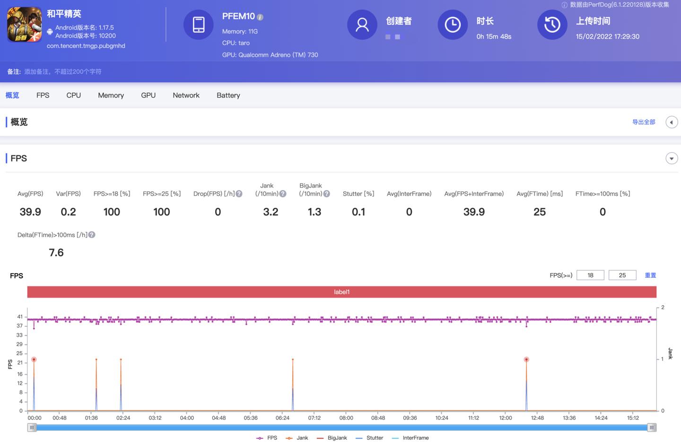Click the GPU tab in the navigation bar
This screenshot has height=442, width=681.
(148, 95)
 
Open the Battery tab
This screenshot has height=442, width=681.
(228, 95)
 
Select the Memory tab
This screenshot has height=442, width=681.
(111, 95)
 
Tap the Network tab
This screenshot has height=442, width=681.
(186, 95)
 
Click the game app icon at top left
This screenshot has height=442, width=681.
(24, 25)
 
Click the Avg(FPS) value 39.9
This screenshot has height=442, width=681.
(30, 212)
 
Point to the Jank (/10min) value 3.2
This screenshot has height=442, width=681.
(271, 212)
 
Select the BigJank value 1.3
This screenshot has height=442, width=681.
(314, 212)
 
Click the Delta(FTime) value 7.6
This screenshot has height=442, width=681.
(56, 253)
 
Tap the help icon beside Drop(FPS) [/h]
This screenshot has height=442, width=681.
(239, 194)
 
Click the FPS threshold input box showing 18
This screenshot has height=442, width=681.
(590, 275)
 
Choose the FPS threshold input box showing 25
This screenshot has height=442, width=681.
(622, 275)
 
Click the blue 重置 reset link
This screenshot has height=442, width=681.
(650, 275)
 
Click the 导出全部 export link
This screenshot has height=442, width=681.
(644, 122)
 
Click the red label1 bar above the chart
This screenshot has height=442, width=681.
(341, 292)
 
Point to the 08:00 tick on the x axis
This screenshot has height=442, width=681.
(346, 418)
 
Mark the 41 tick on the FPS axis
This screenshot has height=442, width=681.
(20, 317)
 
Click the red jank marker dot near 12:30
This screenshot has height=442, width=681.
(526, 360)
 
